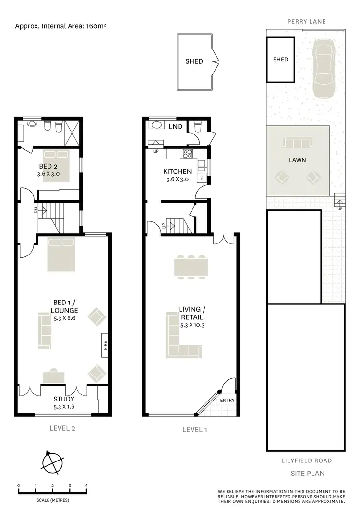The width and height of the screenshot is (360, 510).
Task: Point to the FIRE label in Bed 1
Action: click(105, 345)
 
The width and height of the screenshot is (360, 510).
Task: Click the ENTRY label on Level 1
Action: click(227, 401)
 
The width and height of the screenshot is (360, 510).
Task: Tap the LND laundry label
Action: click(175, 126)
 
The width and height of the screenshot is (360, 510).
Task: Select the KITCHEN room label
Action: click(177, 171)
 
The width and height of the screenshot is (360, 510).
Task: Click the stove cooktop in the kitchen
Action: click(187, 154)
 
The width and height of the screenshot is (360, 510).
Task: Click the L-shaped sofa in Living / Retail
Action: click(180, 336)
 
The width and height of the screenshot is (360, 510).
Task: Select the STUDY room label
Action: click(64, 399)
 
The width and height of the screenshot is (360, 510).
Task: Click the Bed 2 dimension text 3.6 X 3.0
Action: click(49, 174)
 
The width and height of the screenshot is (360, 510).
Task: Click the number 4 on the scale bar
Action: click(86, 486)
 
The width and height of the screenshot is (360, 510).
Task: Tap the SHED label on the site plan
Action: click(280, 60)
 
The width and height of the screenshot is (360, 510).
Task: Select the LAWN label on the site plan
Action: click(298, 160)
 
